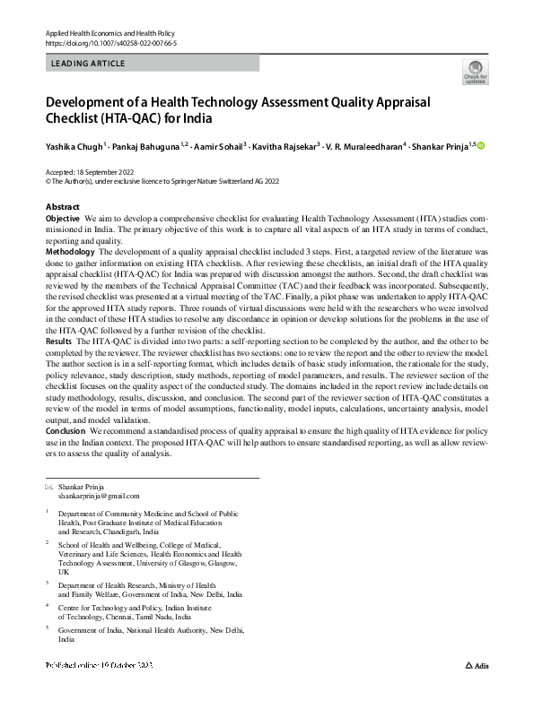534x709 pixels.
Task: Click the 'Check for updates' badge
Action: click(x=475, y=71)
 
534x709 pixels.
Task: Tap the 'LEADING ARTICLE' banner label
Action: click(x=89, y=64)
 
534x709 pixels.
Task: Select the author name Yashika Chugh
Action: click(x=74, y=146)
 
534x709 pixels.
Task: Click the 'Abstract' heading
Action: click(x=62, y=207)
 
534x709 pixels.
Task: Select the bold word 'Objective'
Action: click(x=63, y=218)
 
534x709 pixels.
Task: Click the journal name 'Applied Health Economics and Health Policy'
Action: click(x=110, y=32)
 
